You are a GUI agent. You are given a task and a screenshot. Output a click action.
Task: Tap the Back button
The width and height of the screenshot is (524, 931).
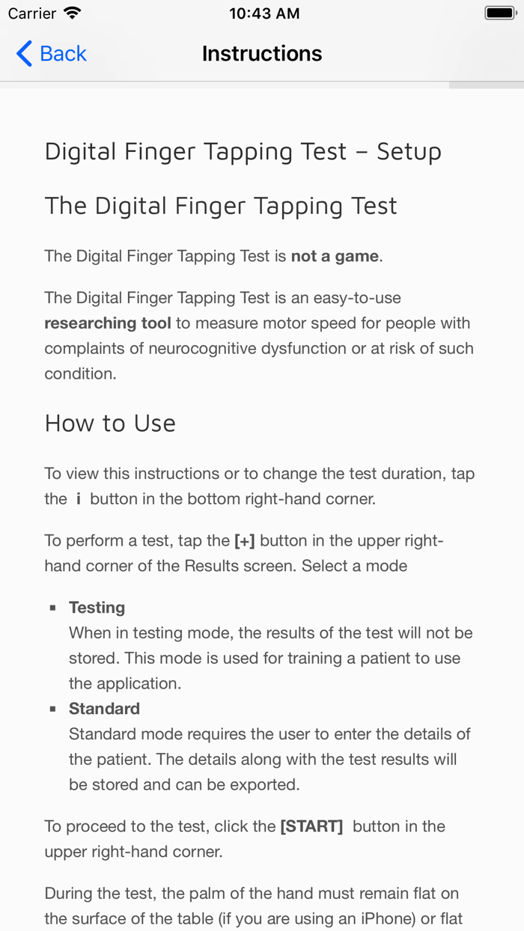click(x=51, y=54)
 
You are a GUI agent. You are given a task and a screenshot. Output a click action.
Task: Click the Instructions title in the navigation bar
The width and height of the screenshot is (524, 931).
click(x=262, y=54)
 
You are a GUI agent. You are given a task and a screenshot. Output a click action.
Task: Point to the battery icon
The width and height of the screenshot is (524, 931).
click(x=499, y=13)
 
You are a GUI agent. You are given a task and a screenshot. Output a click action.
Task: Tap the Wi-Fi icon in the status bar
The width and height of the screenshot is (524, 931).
click(x=73, y=13)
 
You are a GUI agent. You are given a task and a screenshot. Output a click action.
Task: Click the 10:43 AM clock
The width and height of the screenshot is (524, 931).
click(x=264, y=13)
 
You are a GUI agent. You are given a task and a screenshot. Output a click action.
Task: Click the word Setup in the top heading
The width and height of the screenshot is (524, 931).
click(x=409, y=152)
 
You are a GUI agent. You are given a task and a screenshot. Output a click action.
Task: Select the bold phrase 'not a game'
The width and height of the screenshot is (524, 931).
click(x=335, y=257)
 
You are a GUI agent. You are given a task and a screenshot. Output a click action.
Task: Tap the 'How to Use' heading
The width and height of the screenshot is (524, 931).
click(x=110, y=424)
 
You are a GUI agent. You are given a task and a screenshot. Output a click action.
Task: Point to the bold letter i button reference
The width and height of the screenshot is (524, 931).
click(x=78, y=499)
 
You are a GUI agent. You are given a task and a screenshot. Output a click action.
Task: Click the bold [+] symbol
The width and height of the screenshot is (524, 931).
click(x=245, y=541)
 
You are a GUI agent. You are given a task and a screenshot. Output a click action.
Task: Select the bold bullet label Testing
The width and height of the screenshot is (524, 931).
click(x=97, y=608)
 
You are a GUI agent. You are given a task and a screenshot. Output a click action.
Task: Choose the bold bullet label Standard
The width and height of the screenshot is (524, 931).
click(x=104, y=709)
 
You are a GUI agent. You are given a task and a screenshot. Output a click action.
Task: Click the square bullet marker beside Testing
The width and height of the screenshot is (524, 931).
click(x=53, y=608)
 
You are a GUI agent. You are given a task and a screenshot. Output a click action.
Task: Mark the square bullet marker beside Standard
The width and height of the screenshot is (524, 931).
click(x=53, y=709)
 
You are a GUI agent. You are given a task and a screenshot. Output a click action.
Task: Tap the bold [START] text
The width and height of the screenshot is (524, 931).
click(x=311, y=827)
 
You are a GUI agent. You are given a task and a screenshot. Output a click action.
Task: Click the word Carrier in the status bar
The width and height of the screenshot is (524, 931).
click(x=32, y=13)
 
